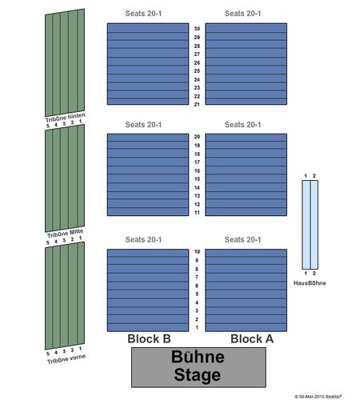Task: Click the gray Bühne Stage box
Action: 198,367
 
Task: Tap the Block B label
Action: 149,339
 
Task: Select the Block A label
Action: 252,339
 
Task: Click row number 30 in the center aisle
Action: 197,29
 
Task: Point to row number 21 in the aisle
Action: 197,105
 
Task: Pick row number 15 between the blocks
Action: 197,179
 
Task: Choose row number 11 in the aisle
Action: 197,213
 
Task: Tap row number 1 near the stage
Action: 197,327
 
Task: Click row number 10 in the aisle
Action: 197,252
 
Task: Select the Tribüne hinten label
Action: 66,118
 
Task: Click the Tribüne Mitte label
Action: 66,234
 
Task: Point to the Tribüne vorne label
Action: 66,359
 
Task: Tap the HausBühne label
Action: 310,283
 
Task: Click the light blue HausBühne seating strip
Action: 310,225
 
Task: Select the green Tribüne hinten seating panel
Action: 65,62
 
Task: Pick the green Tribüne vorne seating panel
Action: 65,296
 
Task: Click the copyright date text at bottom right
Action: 318,397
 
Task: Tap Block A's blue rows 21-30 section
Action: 246,64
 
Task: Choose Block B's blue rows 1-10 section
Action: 148,290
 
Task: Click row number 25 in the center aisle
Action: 197,71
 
